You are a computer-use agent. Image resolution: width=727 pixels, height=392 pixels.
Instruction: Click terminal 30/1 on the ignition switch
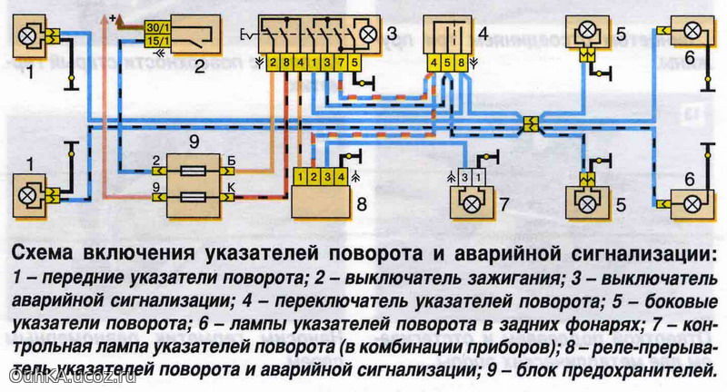(158, 27)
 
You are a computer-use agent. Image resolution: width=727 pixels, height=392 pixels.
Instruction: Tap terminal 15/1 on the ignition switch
(158, 40)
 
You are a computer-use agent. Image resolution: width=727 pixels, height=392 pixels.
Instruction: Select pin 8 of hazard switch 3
(286, 63)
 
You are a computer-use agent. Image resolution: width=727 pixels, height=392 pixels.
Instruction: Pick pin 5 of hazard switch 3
(355, 63)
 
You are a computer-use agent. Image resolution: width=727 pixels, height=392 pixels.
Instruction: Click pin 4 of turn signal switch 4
(434, 63)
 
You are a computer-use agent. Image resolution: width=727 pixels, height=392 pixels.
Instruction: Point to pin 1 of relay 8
(301, 177)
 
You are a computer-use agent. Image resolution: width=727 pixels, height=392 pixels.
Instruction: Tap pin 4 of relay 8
(341, 177)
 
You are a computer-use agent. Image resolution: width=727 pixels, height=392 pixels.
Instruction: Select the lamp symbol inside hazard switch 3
(369, 34)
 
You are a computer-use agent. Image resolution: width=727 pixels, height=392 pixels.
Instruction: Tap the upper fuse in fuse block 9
(194, 171)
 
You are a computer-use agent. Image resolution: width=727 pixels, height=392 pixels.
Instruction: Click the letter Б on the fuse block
(232, 161)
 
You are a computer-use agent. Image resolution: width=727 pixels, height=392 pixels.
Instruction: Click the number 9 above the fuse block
(194, 142)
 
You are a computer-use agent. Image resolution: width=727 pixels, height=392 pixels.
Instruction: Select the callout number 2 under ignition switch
(199, 68)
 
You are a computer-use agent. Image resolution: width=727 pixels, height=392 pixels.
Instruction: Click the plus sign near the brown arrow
(112, 18)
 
